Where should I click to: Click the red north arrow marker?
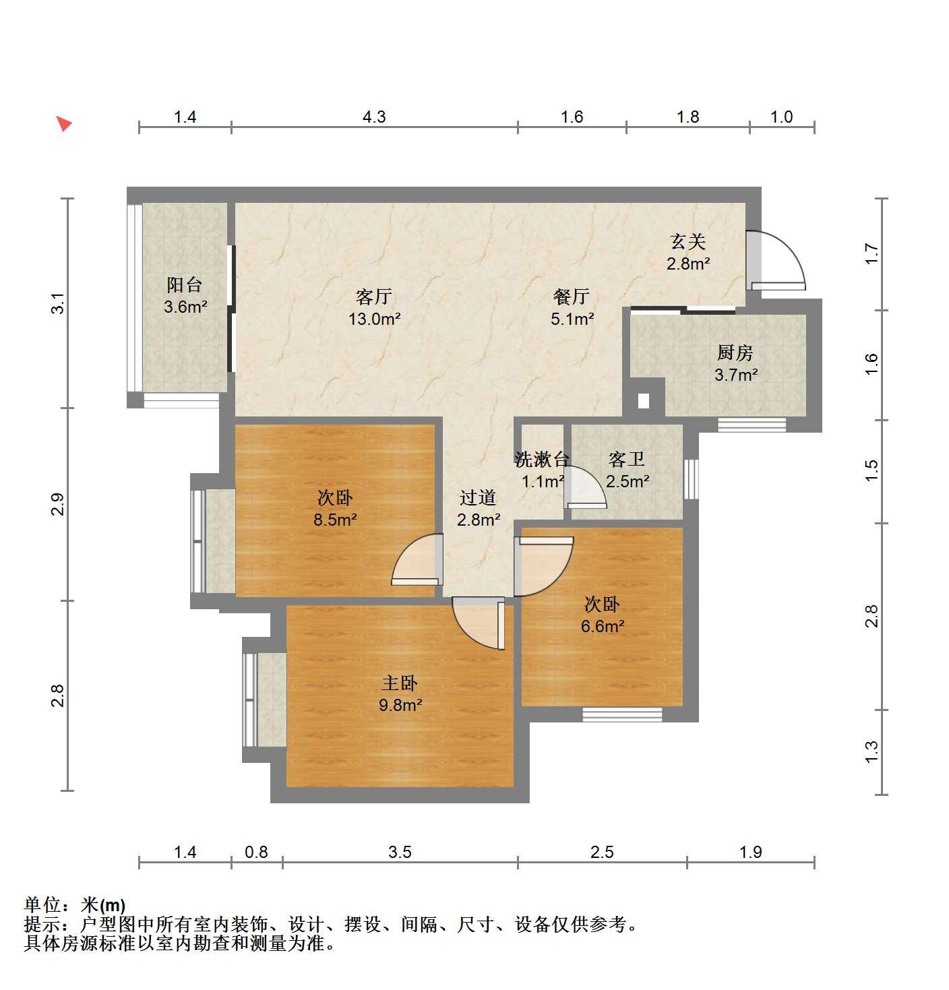click(64, 123)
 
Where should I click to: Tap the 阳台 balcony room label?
click(184, 284)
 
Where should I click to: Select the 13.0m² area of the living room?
click(375, 319)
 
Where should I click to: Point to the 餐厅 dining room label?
click(572, 296)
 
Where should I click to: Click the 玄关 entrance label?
click(688, 242)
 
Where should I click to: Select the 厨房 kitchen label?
click(735, 352)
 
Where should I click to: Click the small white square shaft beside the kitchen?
click(644, 402)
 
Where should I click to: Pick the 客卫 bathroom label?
click(626, 460)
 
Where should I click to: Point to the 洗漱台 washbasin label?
click(541, 460)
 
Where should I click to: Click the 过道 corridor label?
click(477, 497)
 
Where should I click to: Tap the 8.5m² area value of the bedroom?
click(335, 520)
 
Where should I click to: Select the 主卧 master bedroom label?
click(400, 683)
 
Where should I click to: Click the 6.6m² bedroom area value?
click(603, 626)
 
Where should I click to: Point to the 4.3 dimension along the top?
click(374, 117)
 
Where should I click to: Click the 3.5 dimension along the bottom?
click(400, 852)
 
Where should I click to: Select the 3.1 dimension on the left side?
click(59, 303)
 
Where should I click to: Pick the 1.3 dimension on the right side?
click(871, 752)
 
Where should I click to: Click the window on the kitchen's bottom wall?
click(752, 425)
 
